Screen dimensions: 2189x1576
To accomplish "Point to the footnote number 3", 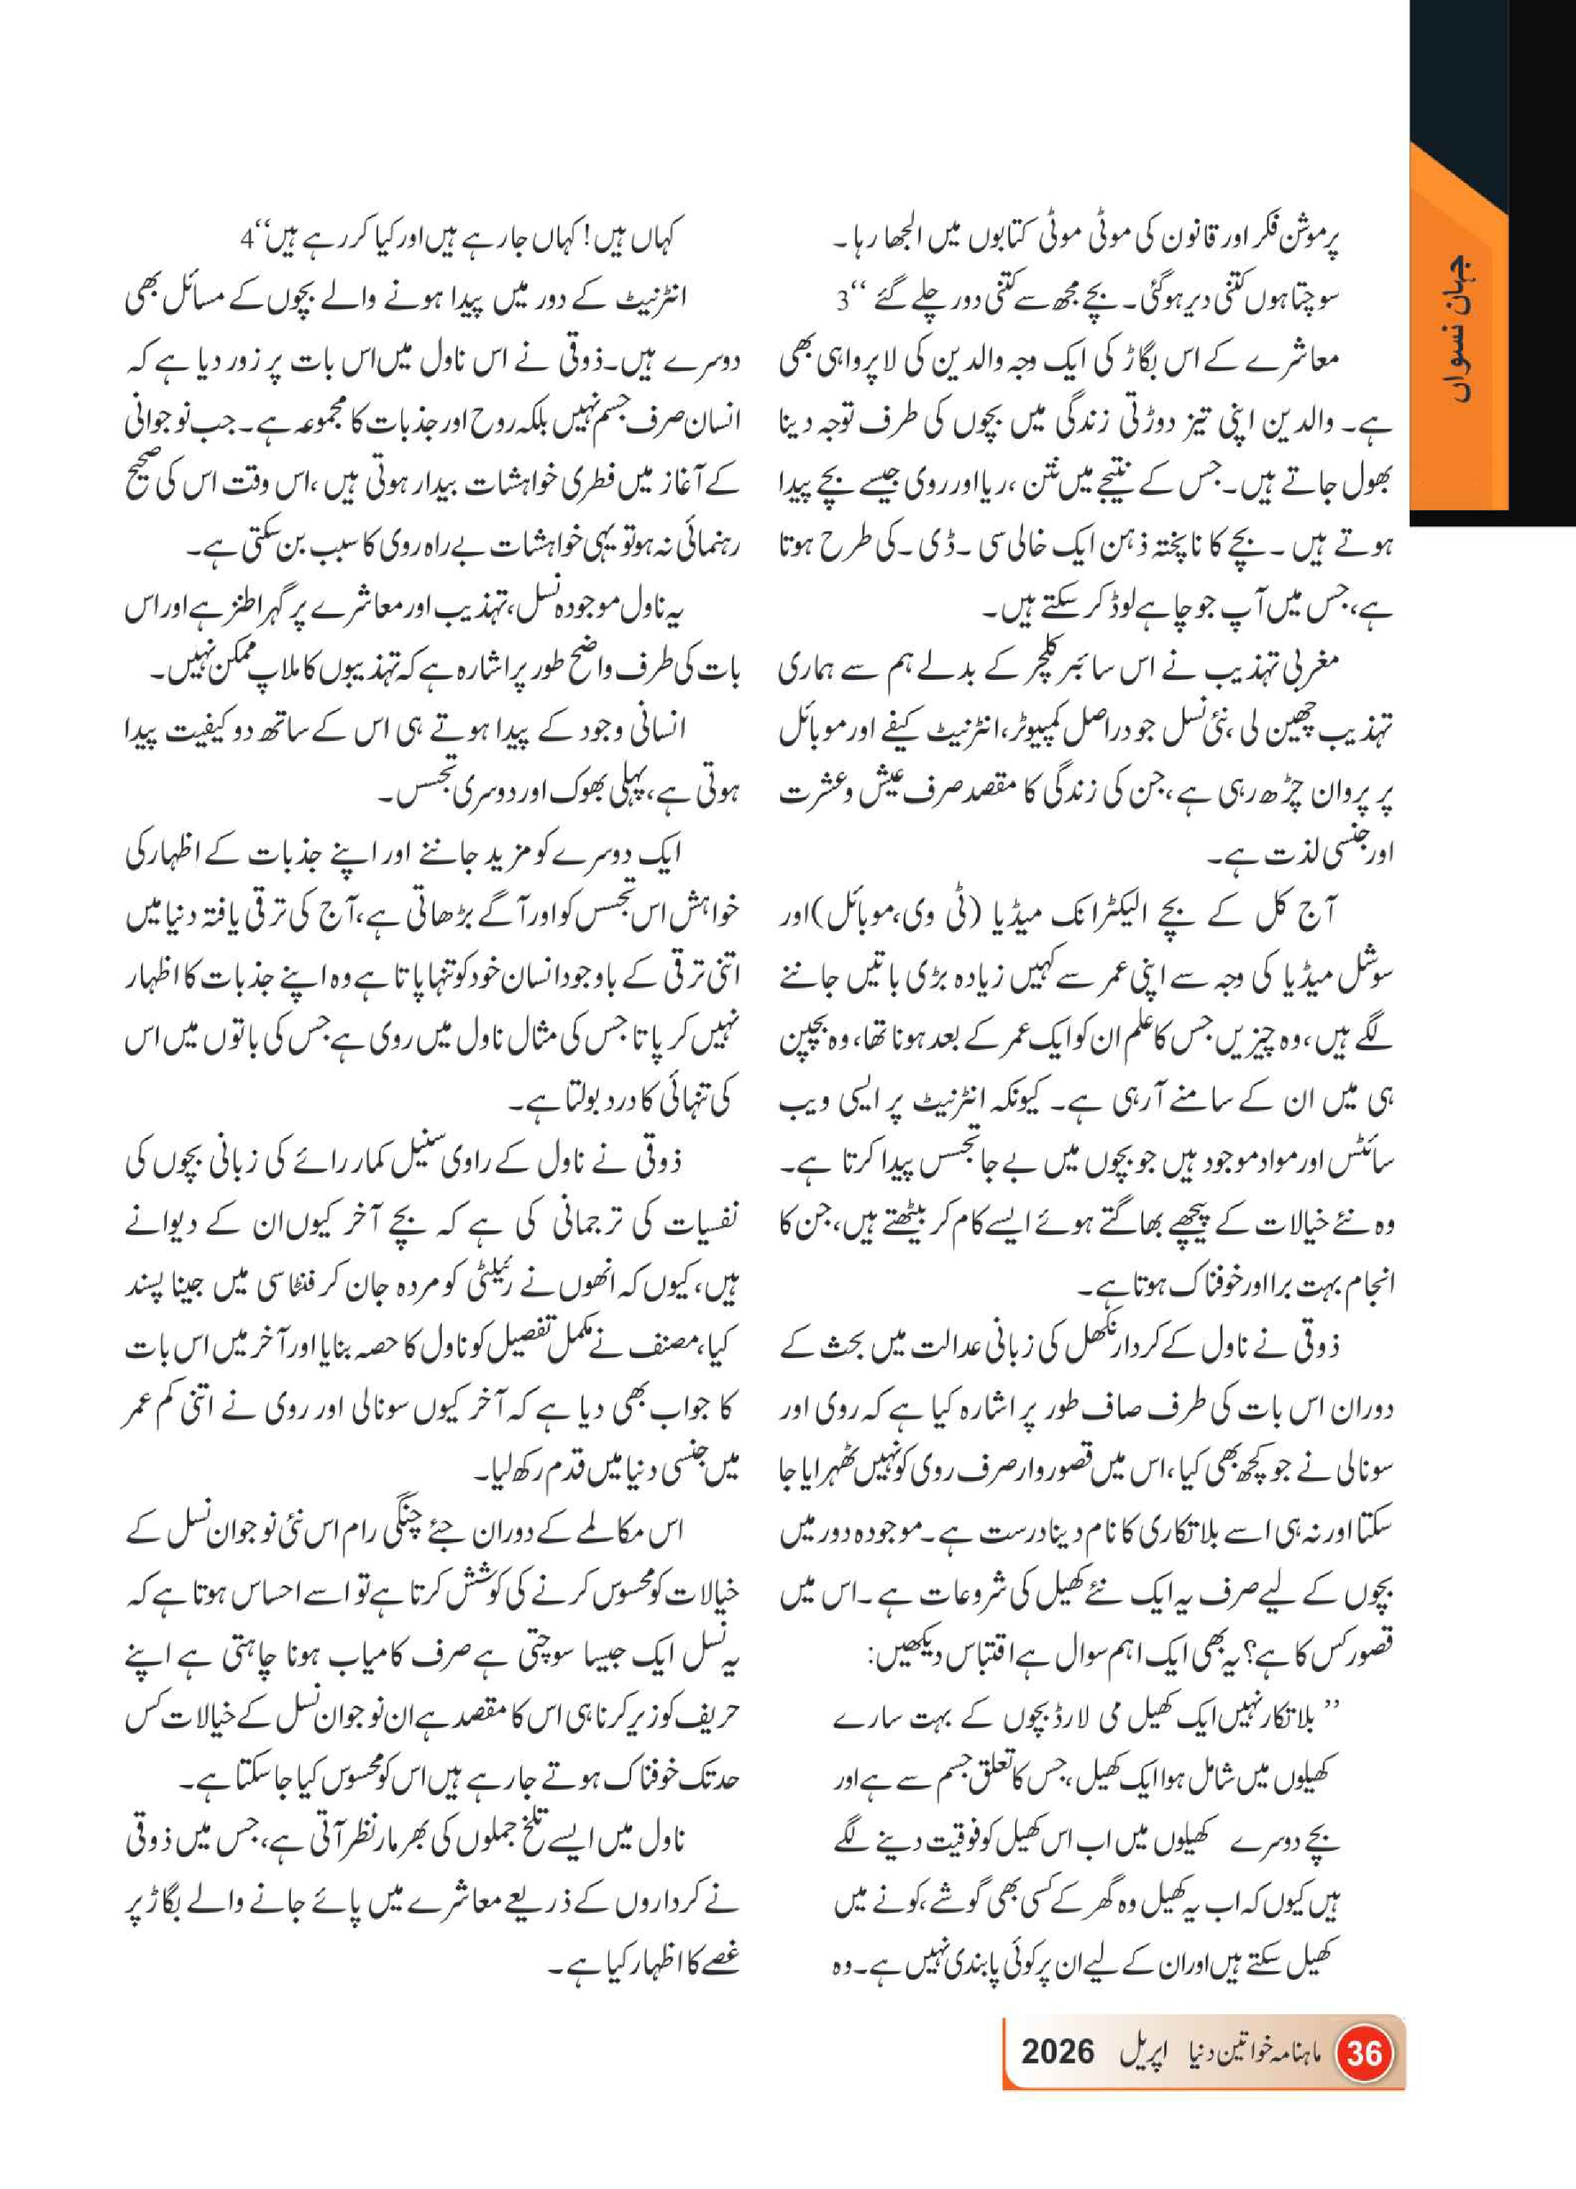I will coord(842,300).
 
